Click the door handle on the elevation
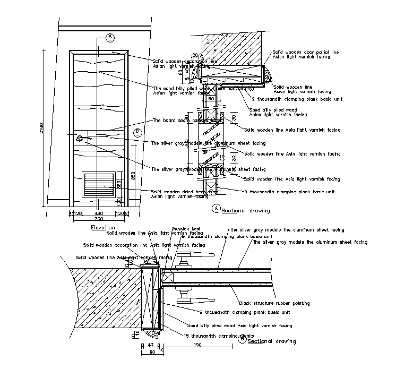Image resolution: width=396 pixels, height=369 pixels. (83, 139)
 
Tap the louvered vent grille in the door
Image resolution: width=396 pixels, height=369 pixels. (99, 185)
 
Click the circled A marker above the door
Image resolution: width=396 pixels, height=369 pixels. (110, 37)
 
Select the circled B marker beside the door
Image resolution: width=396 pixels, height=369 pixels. (137, 131)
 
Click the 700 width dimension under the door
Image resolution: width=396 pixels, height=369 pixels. (99, 219)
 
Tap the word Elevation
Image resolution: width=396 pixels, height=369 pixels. (103, 227)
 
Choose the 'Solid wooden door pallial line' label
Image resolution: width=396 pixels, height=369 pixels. (305, 53)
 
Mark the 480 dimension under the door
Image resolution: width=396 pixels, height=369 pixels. (98, 213)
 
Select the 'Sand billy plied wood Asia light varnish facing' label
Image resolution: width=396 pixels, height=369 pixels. (239, 325)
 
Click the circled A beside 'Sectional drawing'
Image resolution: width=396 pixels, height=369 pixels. (216, 209)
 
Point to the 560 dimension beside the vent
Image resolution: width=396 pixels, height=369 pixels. (119, 184)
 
